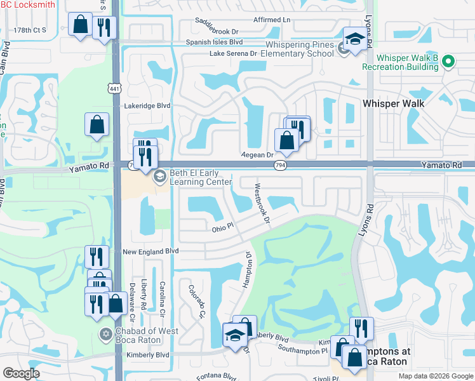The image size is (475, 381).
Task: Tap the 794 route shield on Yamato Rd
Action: point(279,165)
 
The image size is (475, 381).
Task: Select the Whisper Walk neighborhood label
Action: point(392,102)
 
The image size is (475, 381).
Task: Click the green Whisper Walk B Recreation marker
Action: point(449,62)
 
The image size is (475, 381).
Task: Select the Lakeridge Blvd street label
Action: point(148,106)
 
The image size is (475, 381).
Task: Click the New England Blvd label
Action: point(151,251)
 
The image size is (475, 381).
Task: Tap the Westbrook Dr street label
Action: point(262,203)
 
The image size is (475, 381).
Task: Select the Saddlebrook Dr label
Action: point(217,30)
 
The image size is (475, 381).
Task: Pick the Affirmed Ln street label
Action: point(271,20)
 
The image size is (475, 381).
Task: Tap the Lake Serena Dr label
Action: point(233,54)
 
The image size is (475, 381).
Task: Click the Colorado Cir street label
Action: point(197,301)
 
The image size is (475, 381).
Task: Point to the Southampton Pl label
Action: point(302,349)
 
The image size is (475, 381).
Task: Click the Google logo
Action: point(22,373)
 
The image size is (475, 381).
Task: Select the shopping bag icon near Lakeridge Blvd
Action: point(97,126)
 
